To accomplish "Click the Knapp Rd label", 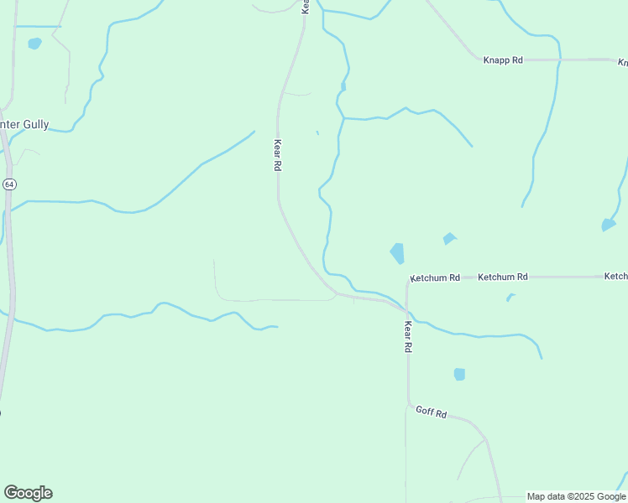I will click(x=503, y=60).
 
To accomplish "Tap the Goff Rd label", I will click(x=431, y=413).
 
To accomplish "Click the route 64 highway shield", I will click(x=8, y=184).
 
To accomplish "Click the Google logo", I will click(x=28, y=493).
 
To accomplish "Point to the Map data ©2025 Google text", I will click(x=577, y=496).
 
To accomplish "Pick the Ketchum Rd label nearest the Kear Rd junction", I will click(x=436, y=277).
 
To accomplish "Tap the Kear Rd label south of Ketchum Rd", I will click(x=408, y=335).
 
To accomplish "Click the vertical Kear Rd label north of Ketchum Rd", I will click(x=277, y=155).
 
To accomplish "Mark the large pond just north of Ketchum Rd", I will click(x=397, y=252).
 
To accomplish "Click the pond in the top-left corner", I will click(x=34, y=44).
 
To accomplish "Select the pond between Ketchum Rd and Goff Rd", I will click(x=459, y=374).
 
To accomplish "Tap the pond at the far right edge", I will click(x=609, y=225).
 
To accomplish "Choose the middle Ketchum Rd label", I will click(x=502, y=277).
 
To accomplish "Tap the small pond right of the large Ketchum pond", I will click(x=449, y=239).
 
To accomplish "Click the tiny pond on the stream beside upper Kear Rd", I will click(x=343, y=86).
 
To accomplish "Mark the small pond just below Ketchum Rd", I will click(x=510, y=297).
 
